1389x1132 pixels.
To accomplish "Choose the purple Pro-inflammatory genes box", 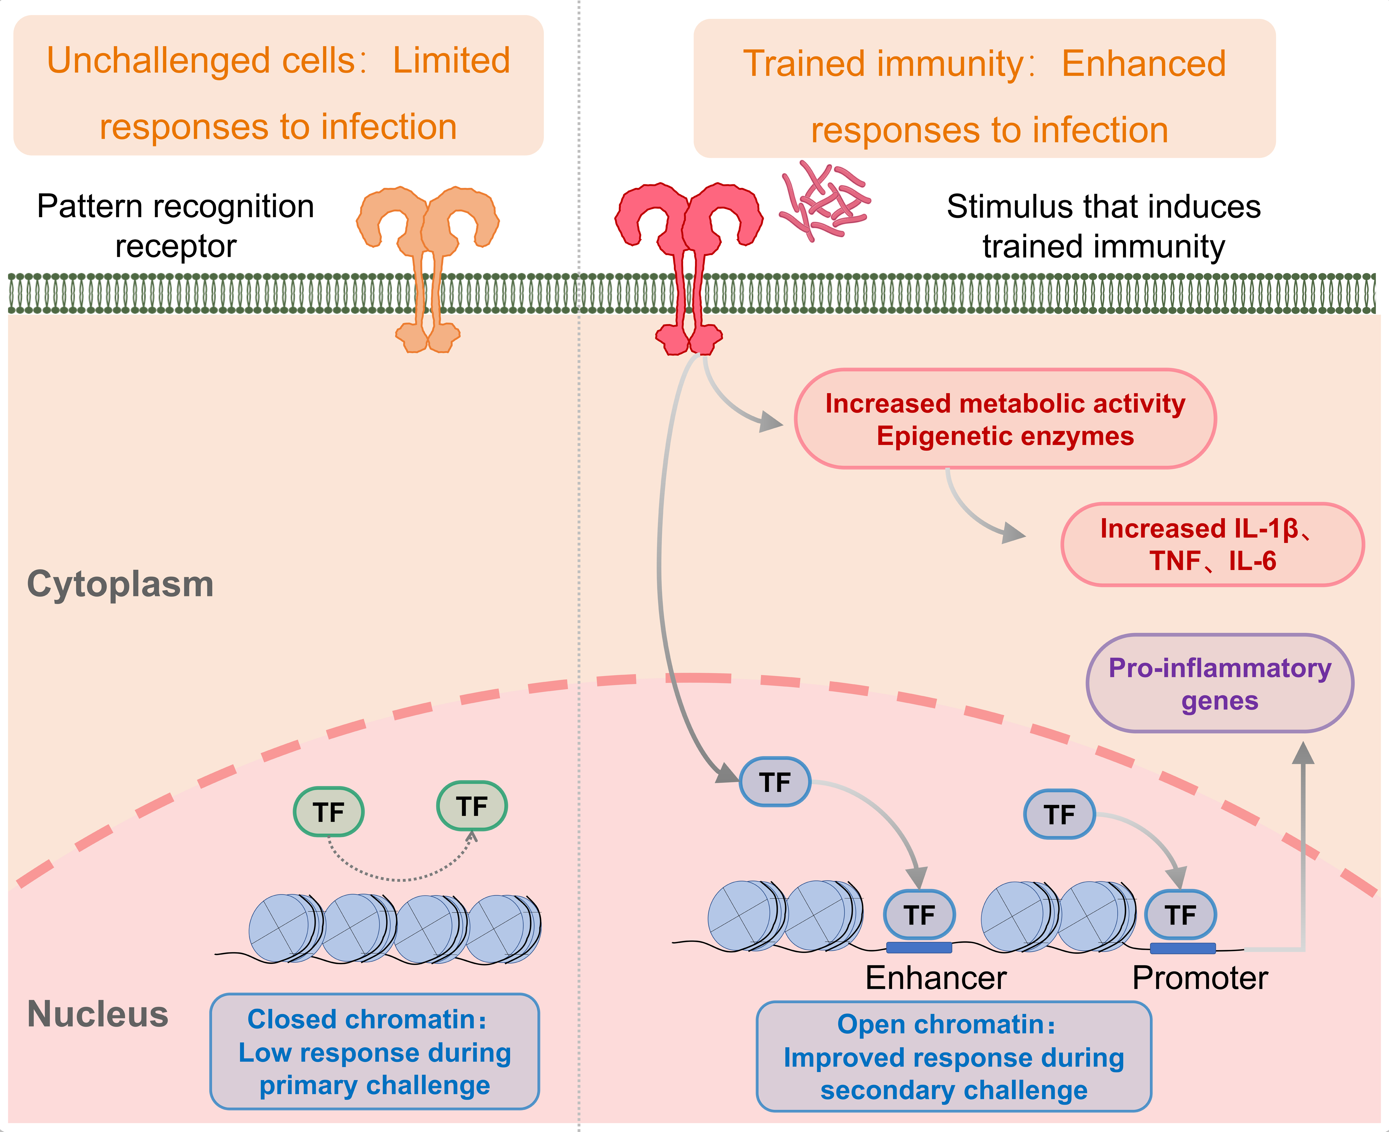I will (1220, 683).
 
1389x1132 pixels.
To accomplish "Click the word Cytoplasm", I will (121, 584).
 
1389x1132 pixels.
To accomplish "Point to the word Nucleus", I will (98, 1015).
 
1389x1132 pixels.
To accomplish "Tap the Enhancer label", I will (936, 978).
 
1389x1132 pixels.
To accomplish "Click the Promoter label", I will (1200, 978).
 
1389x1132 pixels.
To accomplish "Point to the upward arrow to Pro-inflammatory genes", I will (1303, 848).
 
